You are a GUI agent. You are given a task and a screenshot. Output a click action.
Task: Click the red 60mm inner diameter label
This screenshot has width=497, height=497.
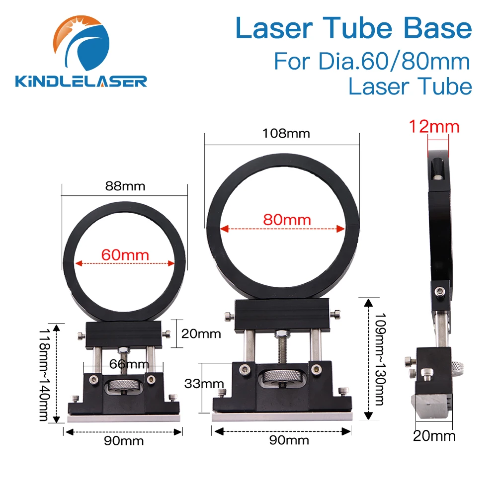pyautogui.click(x=125, y=255)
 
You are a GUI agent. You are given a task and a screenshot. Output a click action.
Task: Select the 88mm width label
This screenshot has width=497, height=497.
pyautogui.click(x=125, y=186)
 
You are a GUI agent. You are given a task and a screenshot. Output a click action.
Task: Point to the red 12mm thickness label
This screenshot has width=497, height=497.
pyautogui.click(x=434, y=127)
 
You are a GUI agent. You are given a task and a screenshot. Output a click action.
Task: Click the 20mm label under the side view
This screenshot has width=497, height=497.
pyautogui.click(x=434, y=436)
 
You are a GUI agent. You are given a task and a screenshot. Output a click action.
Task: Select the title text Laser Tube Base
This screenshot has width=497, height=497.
pyautogui.click(x=353, y=29)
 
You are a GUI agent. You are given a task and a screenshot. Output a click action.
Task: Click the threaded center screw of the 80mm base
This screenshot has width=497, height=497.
pyautogui.click(x=282, y=348)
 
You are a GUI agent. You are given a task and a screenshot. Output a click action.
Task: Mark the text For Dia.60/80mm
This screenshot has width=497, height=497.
pyautogui.click(x=372, y=61)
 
